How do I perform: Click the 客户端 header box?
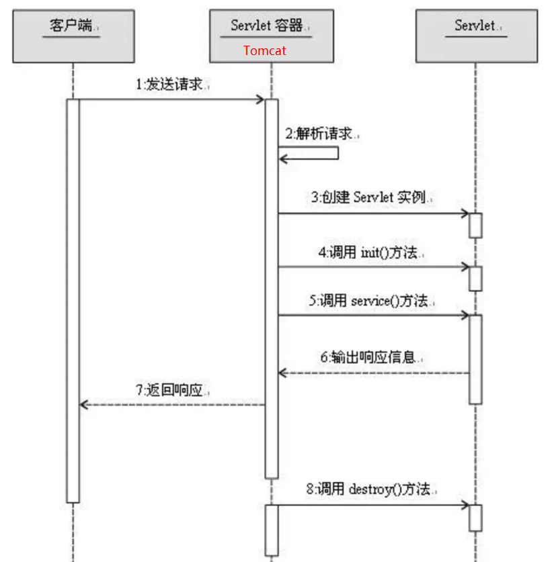(72, 36)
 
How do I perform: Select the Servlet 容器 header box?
(271, 36)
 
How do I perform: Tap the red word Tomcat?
(265, 51)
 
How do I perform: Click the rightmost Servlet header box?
(476, 36)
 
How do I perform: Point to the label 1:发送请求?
(173, 85)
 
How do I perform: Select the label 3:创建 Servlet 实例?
(371, 198)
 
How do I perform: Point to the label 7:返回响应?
(173, 389)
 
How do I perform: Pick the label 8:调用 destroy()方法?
(372, 489)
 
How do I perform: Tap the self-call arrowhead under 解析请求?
(283, 158)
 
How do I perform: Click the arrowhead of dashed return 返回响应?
(84, 404)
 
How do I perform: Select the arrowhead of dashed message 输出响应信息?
(283, 373)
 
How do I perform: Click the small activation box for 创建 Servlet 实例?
(475, 225)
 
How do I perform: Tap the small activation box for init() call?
(475, 278)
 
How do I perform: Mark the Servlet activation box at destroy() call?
(475, 517)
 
